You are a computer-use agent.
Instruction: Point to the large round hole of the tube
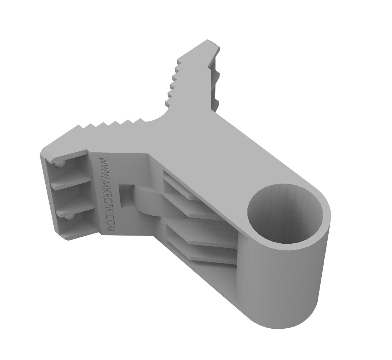(x=285, y=214)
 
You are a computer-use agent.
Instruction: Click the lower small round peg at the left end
(x=67, y=219)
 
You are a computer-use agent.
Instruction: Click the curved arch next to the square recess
(x=147, y=201)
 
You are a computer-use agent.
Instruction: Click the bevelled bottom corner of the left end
(x=68, y=237)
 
